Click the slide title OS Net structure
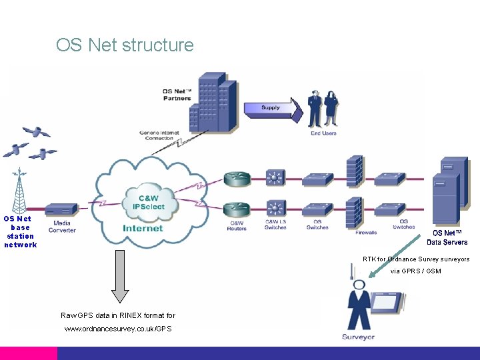coord(125,45)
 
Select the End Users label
coord(324,133)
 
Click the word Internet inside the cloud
coord(143,229)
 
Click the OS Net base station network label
coord(20,231)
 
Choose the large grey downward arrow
coord(120,275)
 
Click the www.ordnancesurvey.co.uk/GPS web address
coord(118,329)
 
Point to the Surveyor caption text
coord(358,337)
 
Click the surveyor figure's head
coord(359,285)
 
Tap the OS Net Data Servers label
coord(447,237)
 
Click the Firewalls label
coord(365,233)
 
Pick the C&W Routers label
coord(237,226)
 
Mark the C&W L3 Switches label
coord(275,225)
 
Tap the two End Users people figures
coord(323,108)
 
